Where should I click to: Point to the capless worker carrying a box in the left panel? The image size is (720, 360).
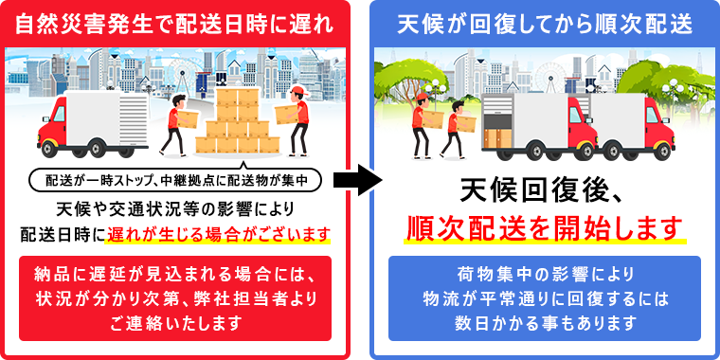point(174,123)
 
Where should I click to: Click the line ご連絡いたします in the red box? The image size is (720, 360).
point(175,323)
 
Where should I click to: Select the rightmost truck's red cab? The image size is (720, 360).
point(655,127)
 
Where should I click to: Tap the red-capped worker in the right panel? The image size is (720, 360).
point(423,123)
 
